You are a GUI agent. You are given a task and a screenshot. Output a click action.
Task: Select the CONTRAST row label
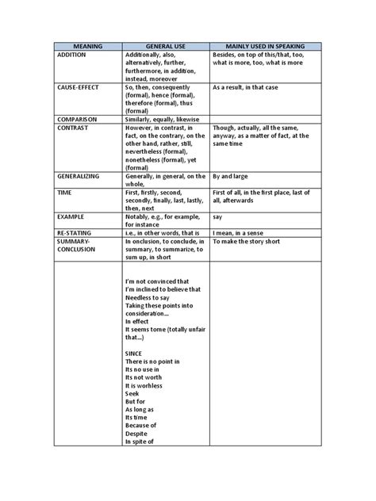[x=76, y=127]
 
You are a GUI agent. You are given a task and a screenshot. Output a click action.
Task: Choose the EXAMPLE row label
[x=72, y=216]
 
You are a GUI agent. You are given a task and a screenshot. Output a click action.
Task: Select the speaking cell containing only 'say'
[x=218, y=216]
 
